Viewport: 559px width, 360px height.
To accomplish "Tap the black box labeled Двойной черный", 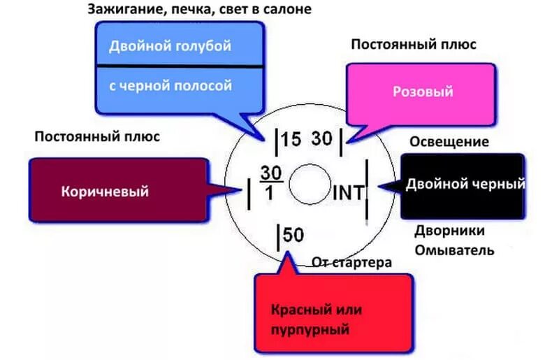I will click(462, 185).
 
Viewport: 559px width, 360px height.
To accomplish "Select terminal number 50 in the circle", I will click(293, 235).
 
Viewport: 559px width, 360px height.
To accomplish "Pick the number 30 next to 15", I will click(322, 138).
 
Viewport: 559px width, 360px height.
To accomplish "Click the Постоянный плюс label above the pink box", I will click(413, 44).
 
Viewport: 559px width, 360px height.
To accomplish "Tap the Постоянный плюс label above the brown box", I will click(97, 136).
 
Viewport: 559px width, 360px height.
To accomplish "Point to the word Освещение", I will click(449, 142).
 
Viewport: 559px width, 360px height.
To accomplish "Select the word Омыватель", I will click(454, 250).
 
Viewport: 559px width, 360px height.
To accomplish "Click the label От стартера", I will click(351, 263).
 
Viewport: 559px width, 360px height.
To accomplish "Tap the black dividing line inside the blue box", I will click(180, 66).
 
